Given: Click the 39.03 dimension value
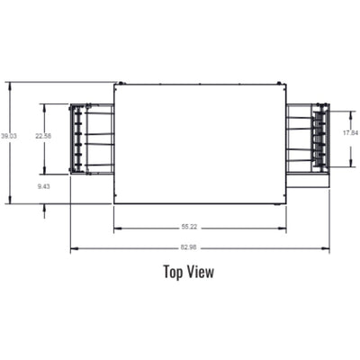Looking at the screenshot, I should point(9,136).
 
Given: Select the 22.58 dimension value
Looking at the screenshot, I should point(43,136).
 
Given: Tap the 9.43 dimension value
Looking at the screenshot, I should point(44,186).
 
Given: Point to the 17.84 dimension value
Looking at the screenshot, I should point(351,133).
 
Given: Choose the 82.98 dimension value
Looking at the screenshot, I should point(190,247).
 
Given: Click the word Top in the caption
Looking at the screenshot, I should point(174,271).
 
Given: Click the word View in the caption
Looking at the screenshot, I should point(202,271).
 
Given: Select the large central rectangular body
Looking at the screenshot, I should point(199,143).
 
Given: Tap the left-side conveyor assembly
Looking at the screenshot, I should point(92,139).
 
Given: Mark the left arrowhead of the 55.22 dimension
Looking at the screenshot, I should point(116,227).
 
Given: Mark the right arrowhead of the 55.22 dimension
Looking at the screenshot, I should point(283,227).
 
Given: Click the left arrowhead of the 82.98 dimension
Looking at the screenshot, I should point(73,247).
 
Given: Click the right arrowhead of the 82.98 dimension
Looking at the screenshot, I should point(328,247).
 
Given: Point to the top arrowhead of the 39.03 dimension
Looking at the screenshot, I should point(9,85).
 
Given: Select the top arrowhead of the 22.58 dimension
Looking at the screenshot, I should point(43,105).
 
